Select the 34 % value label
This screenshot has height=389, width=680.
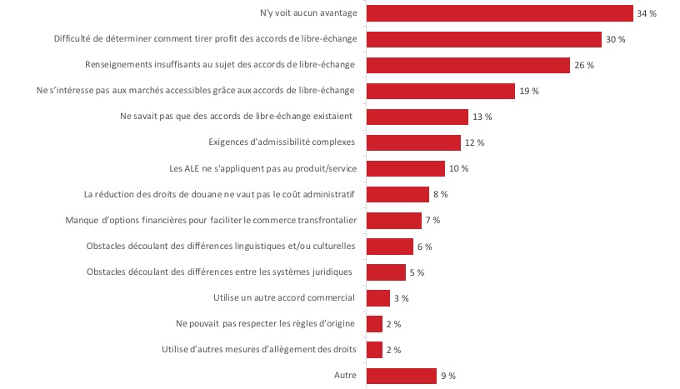point(647,13)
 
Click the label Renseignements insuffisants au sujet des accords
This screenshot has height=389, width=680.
point(221,65)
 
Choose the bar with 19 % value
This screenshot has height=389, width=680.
point(441,91)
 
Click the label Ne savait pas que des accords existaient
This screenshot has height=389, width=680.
point(238,117)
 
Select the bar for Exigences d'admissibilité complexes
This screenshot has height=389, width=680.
point(413,142)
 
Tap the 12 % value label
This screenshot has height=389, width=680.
point(474,142)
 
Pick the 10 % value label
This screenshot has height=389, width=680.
point(458,168)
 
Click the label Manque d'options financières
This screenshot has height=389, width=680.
point(211,220)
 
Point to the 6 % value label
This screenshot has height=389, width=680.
point(424,247)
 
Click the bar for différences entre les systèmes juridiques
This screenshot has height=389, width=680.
point(386,272)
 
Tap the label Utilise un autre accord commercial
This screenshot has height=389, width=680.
point(285,298)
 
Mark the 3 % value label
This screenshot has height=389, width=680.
point(401,298)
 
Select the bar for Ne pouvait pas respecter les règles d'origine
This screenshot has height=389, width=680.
point(374,324)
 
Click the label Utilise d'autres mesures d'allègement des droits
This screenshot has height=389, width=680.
point(259,350)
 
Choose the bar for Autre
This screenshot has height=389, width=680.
point(402,376)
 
